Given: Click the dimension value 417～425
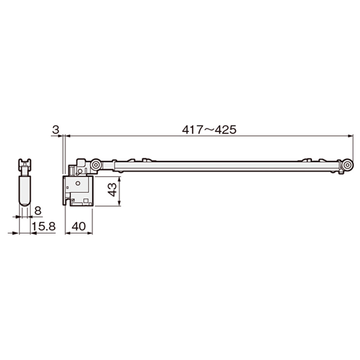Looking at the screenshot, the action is click(209, 130).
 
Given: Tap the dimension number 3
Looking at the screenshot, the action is click(55, 130).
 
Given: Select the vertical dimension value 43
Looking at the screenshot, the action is click(112, 190).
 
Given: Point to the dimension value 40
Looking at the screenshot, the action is click(79, 226).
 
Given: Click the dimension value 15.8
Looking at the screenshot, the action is click(44, 226).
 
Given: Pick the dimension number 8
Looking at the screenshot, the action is click(38, 211).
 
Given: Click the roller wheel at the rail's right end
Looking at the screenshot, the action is click(347, 165).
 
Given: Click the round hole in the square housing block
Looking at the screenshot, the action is click(78, 183).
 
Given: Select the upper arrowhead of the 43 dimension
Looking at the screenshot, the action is click(119, 179).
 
